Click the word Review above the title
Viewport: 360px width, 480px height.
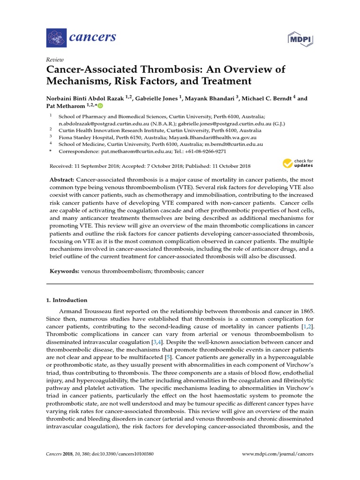click(x=54, y=60)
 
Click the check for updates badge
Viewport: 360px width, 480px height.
click(x=298, y=164)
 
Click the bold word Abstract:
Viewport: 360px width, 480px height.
click(x=61, y=180)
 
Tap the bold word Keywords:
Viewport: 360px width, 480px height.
click(x=64, y=271)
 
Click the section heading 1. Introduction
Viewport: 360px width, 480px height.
click(x=67, y=300)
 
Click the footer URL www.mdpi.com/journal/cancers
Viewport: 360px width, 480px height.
click(x=277, y=454)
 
